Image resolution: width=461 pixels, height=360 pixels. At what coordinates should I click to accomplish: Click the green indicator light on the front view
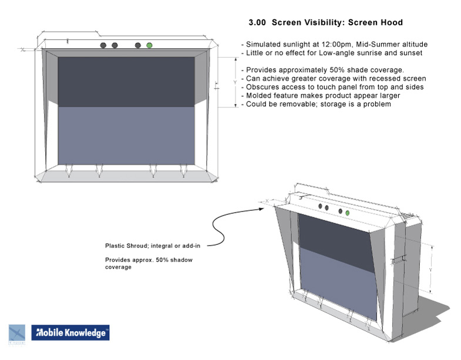click(x=150, y=45)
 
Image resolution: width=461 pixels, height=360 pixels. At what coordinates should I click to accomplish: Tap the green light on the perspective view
click(x=348, y=213)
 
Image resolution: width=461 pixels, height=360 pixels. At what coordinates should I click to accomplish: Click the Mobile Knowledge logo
click(x=70, y=333)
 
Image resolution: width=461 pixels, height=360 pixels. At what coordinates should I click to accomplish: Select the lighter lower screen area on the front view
click(x=126, y=134)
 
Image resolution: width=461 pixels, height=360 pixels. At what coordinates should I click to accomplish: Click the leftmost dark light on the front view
click(x=103, y=45)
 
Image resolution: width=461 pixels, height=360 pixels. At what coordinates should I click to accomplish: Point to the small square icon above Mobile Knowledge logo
click(x=17, y=332)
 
